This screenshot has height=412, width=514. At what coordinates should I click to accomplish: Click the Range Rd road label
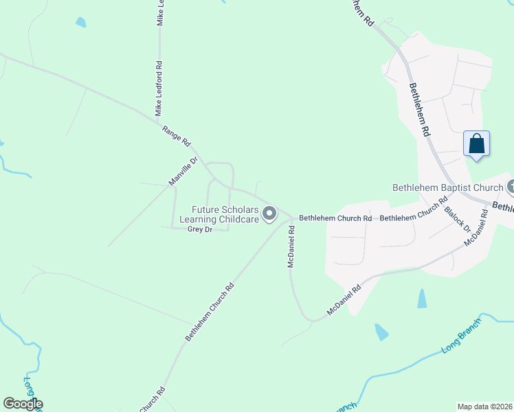tap(176, 136)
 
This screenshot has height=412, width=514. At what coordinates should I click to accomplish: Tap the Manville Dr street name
tap(183, 172)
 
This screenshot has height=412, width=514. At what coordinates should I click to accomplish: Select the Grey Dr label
tap(199, 229)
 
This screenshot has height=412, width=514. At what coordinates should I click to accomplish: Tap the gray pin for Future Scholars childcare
tap(270, 214)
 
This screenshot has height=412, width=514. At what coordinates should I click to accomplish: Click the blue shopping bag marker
tap(476, 144)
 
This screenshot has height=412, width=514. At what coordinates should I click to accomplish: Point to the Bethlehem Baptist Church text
tap(447, 187)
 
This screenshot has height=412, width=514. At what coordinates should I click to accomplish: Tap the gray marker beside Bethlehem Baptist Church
tap(511, 187)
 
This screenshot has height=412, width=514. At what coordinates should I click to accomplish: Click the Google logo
tap(23, 404)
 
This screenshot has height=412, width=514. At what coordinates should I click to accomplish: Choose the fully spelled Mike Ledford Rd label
tap(159, 89)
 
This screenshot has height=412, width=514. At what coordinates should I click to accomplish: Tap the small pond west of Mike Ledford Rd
tap(81, 23)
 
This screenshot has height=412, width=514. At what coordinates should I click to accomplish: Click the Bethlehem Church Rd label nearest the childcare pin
tap(335, 218)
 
